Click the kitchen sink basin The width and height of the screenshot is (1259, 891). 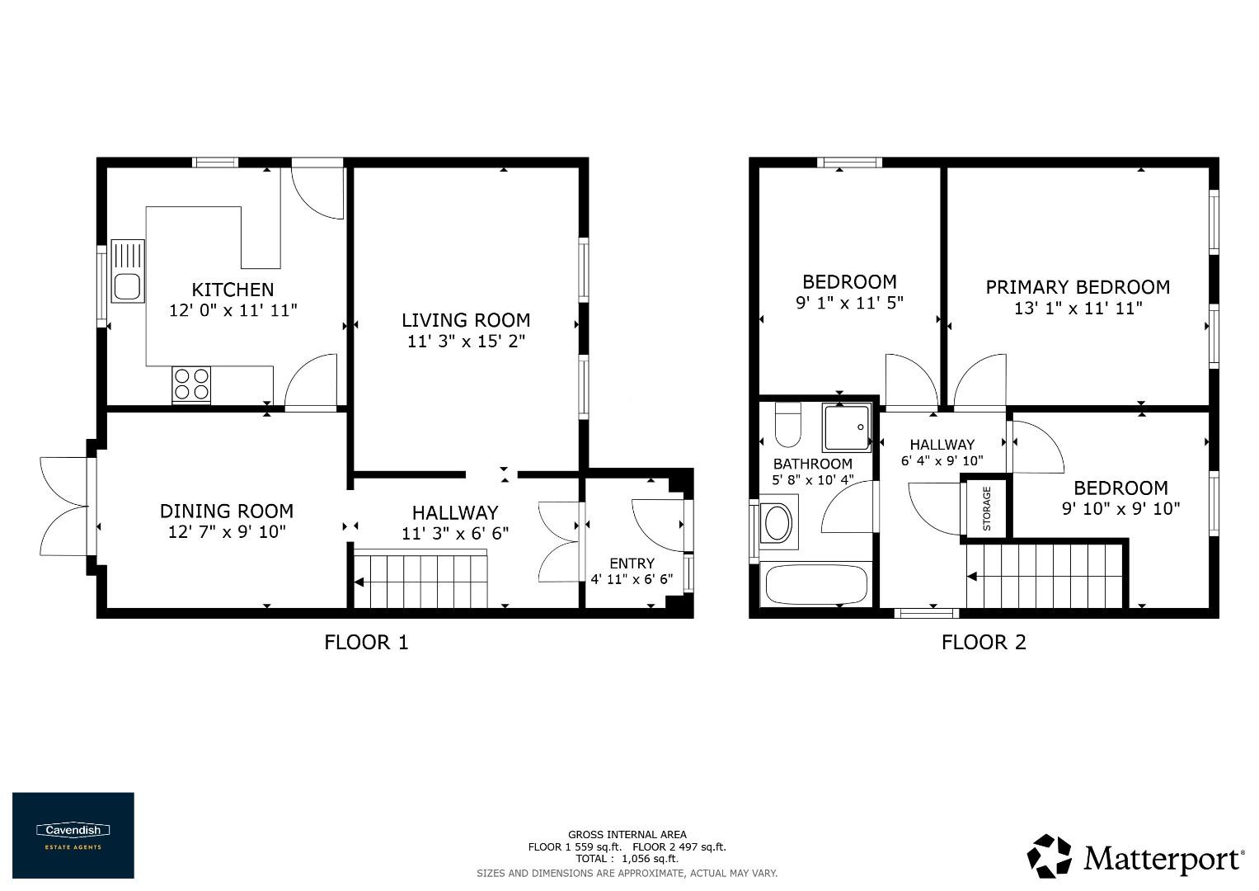pyautogui.click(x=127, y=286)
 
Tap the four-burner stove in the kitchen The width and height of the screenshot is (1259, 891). pyautogui.click(x=191, y=384)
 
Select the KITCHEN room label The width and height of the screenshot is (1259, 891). pyautogui.click(x=233, y=290)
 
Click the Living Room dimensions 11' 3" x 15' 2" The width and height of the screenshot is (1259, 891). pyautogui.click(x=466, y=341)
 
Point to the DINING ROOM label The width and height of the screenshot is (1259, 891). pyautogui.click(x=227, y=511)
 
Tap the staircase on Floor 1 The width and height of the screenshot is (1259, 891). pyautogui.click(x=421, y=581)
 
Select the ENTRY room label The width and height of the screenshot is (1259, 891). pyautogui.click(x=632, y=563)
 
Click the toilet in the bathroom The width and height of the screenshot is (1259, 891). pyautogui.click(x=788, y=424)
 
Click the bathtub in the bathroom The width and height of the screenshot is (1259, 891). pyautogui.click(x=816, y=585)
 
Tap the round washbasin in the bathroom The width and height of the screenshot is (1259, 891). pyautogui.click(x=777, y=522)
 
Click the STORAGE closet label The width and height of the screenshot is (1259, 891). pyautogui.click(x=986, y=508)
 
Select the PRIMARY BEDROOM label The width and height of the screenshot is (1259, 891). pyautogui.click(x=1078, y=287)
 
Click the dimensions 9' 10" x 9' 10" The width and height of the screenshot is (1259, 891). pyautogui.click(x=1120, y=509)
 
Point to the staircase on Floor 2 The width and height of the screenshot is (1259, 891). pyautogui.click(x=1045, y=576)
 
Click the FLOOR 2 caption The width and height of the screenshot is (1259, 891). pyautogui.click(x=984, y=642)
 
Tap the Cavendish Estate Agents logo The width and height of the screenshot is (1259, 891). pyautogui.click(x=73, y=835)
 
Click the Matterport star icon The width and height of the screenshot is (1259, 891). pyautogui.click(x=1050, y=856)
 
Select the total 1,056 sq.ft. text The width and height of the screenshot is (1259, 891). pyautogui.click(x=627, y=859)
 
